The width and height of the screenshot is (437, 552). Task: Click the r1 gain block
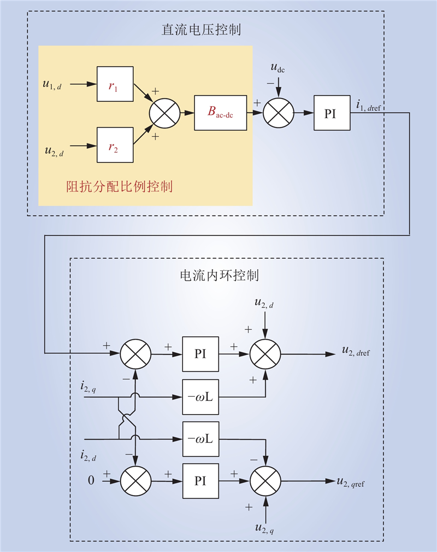click(x=115, y=84)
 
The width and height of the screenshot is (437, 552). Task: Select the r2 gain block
click(x=115, y=145)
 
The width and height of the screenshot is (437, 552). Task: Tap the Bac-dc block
click(x=221, y=113)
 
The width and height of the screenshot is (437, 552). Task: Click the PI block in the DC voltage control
click(x=332, y=113)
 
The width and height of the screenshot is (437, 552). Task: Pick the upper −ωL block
click(x=200, y=397)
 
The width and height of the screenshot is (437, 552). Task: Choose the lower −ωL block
click(x=200, y=439)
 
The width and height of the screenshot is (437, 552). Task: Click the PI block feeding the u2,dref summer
click(x=200, y=354)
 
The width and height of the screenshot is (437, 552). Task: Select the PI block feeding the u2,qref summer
click(x=200, y=481)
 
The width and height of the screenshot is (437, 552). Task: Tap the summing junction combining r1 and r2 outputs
click(x=164, y=113)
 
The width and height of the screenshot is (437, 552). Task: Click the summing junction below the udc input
click(x=279, y=113)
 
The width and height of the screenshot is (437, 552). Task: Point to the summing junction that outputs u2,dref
click(x=265, y=354)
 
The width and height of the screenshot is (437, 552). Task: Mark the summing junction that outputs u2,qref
click(x=265, y=481)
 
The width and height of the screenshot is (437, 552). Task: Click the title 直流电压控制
click(x=201, y=30)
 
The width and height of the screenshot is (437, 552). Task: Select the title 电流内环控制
click(x=220, y=275)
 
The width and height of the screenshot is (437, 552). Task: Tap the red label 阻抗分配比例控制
click(x=120, y=187)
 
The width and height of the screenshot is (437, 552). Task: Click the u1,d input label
click(x=52, y=84)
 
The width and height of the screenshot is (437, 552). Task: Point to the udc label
click(x=277, y=67)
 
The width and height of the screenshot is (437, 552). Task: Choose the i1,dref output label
click(x=368, y=106)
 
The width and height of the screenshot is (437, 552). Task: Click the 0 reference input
click(x=91, y=480)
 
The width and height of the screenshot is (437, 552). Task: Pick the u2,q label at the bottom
click(x=264, y=528)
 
